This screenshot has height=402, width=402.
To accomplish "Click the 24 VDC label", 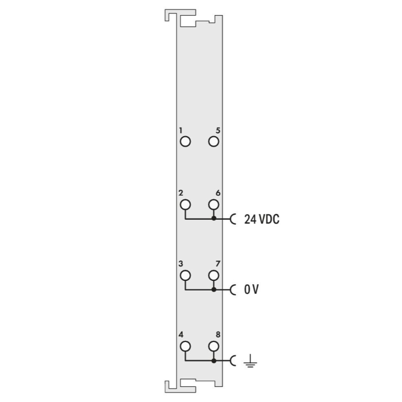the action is pos(262,219).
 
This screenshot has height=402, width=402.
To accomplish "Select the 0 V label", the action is pos(251,289).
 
